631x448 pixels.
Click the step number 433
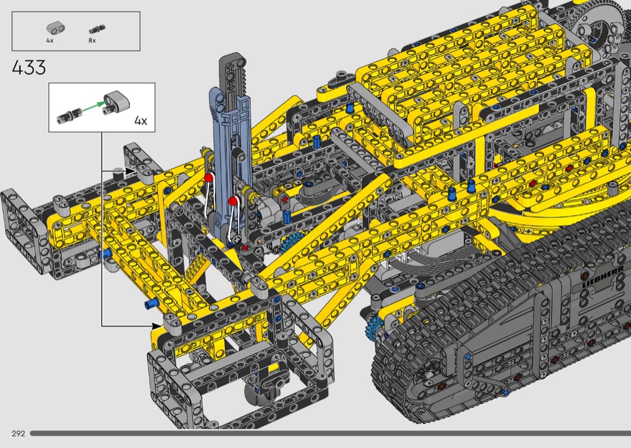(29, 68)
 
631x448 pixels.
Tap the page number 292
(19, 434)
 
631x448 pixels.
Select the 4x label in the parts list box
(49, 41)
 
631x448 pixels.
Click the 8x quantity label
(92, 41)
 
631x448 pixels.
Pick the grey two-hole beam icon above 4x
(55, 28)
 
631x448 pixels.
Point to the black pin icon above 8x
(97, 29)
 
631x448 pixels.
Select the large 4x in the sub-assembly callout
(141, 120)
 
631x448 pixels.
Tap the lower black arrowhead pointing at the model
(157, 325)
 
